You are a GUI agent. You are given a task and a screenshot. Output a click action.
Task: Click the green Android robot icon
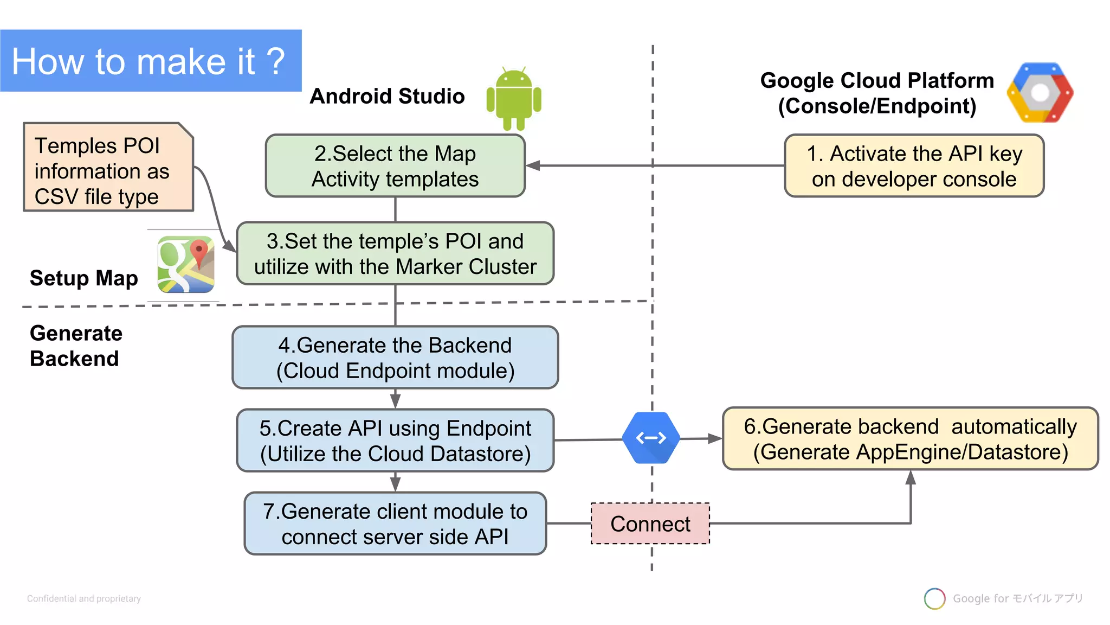[514, 99]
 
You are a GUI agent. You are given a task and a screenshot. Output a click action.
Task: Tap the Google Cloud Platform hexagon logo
[1040, 93]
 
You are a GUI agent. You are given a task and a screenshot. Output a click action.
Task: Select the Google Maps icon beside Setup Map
[186, 265]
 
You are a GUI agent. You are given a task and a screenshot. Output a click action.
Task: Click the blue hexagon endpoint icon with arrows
[651, 438]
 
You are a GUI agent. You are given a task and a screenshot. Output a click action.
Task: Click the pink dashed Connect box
[650, 524]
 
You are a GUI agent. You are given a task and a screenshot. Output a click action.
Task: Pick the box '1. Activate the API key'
[914, 166]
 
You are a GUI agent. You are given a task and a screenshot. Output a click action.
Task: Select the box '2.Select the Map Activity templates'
[395, 166]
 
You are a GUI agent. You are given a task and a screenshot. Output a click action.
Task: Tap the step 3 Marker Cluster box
[395, 253]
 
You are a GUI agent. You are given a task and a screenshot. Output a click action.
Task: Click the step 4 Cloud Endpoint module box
[395, 358]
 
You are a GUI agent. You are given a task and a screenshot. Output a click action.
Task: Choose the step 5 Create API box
[395, 441]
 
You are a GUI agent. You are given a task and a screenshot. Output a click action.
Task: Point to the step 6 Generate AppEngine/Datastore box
[910, 439]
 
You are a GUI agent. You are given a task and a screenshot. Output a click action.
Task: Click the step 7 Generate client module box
[395, 524]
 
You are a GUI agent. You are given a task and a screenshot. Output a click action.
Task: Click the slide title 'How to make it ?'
[149, 61]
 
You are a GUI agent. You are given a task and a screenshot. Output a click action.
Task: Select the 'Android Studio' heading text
[387, 96]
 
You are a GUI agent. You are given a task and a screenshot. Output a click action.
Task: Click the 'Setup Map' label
[83, 278]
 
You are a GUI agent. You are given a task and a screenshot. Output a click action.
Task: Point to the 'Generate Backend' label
[76, 346]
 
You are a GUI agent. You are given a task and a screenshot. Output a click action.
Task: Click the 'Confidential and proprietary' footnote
[84, 598]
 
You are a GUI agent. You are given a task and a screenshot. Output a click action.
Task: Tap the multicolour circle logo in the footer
[934, 598]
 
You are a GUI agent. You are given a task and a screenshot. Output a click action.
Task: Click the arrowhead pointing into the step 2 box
[533, 165]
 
